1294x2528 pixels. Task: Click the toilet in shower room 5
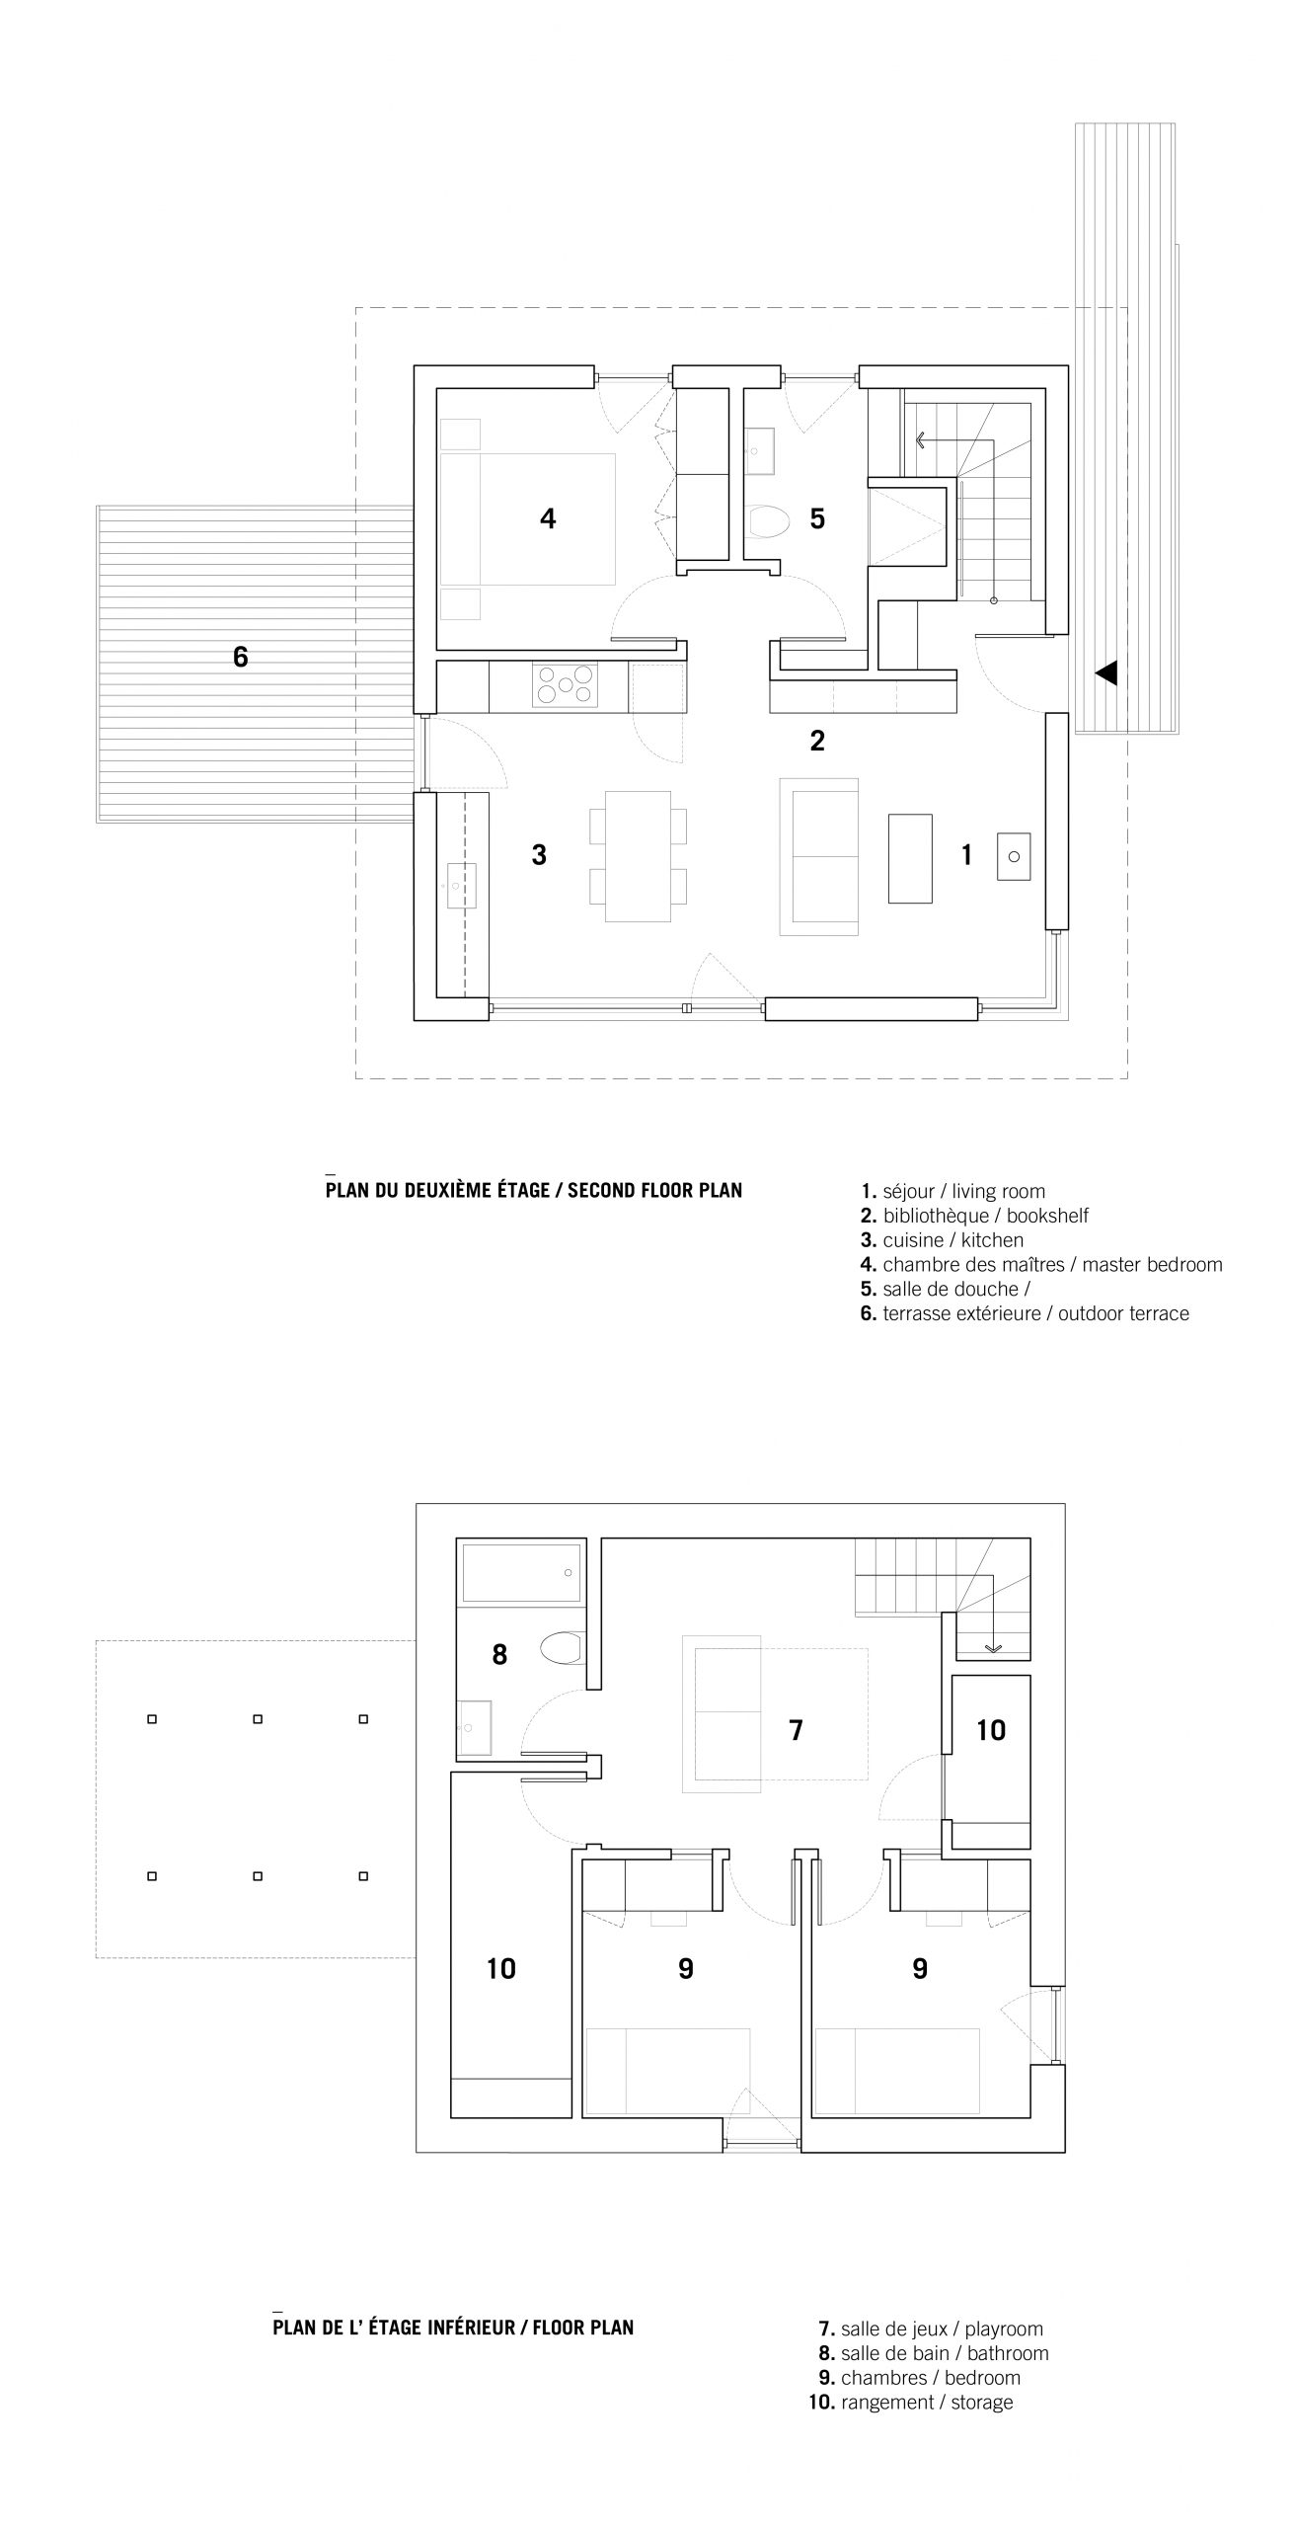(x=769, y=520)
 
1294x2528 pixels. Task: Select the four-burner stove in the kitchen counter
(x=565, y=684)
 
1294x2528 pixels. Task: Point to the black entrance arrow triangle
(x=1105, y=673)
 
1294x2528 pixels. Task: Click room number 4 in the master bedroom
(x=548, y=517)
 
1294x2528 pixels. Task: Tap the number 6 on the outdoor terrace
(x=241, y=657)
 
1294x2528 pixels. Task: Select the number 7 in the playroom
(x=796, y=1730)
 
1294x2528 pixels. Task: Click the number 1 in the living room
(x=967, y=855)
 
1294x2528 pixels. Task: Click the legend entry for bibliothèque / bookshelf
(x=974, y=1216)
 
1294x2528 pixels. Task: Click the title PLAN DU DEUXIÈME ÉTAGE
(x=437, y=1190)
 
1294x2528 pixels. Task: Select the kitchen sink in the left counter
(x=461, y=886)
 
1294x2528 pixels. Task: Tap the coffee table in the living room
(x=910, y=858)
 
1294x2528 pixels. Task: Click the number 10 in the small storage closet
(x=991, y=1729)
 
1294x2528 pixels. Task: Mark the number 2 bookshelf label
(x=817, y=741)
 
